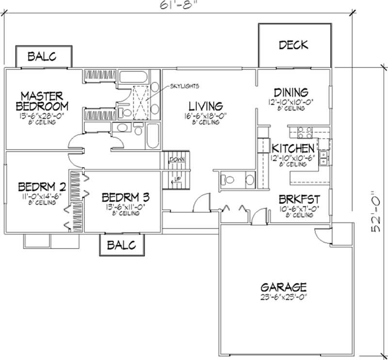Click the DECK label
click(293, 45)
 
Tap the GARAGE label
click(282, 287)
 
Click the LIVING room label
click(206, 106)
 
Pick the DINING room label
click(291, 92)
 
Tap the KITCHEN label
click(293, 148)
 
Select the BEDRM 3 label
click(125, 197)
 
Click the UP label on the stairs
click(178, 179)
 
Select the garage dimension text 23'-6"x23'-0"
click(282, 297)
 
